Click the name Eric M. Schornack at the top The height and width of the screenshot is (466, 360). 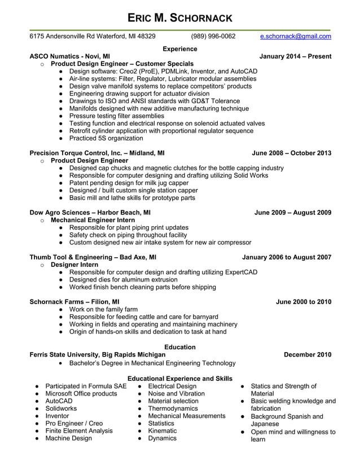coord(179,17)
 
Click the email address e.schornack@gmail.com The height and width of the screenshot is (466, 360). coord(296,37)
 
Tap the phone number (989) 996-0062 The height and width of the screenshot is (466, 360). coord(213,37)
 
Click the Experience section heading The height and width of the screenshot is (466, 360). coord(179,49)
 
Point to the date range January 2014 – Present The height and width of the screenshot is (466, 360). coord(295,56)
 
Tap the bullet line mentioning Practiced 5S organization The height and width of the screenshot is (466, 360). coord(106,138)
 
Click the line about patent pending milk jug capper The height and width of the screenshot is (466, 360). coord(129,183)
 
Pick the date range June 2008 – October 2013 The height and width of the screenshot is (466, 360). coord(291,153)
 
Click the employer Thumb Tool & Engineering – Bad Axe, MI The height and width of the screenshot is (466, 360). coord(93,257)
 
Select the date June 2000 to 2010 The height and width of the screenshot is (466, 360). coord(304,302)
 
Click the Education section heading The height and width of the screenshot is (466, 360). coord(179,347)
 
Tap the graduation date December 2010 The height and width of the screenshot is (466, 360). coord(308,354)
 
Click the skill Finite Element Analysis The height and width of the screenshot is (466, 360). coord(79,430)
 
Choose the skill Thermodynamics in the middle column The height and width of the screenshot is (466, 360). coord(173,408)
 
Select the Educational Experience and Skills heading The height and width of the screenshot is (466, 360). coord(179,379)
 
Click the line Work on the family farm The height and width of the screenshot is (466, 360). coord(103,310)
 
